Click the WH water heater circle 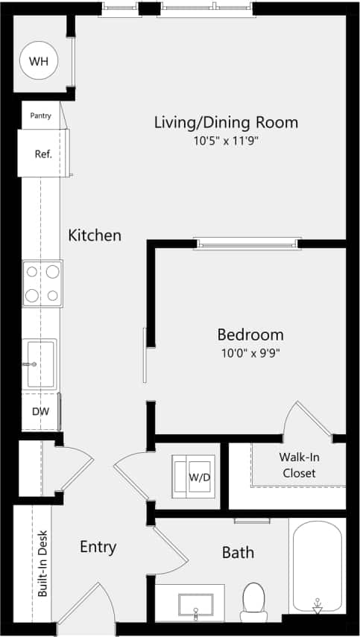(38, 62)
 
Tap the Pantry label (40, 115)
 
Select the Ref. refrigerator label (42, 154)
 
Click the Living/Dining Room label (226, 122)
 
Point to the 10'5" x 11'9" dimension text (226, 140)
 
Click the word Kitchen (95, 235)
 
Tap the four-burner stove (42, 283)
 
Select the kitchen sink (42, 364)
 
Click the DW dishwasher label (40, 411)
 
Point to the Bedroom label (250, 335)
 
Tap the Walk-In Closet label (297, 465)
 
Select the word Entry (98, 548)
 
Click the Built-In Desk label (42, 563)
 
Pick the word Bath (238, 552)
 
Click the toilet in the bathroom (253, 600)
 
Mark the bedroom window (248, 242)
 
